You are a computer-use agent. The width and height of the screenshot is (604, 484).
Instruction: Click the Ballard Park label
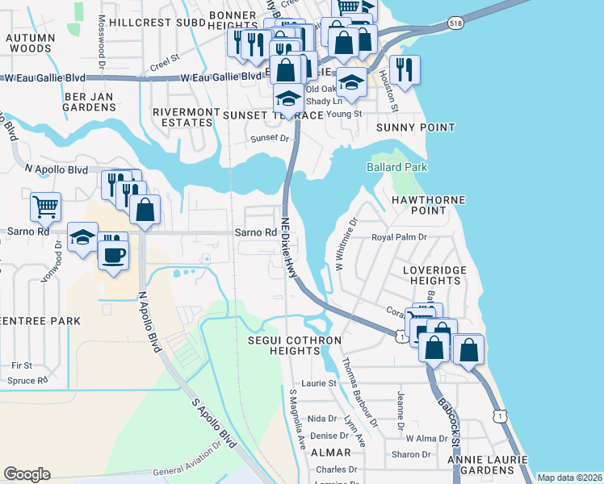pos(395,167)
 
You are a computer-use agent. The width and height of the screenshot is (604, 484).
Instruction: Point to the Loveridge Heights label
pos(424,273)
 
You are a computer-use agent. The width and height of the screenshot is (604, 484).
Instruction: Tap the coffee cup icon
pos(113,256)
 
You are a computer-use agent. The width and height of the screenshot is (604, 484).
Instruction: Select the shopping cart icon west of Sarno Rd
pos(45,206)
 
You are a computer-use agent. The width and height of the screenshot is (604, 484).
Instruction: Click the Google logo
pos(27,474)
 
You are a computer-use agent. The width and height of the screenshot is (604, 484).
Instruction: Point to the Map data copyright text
pos(569,478)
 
